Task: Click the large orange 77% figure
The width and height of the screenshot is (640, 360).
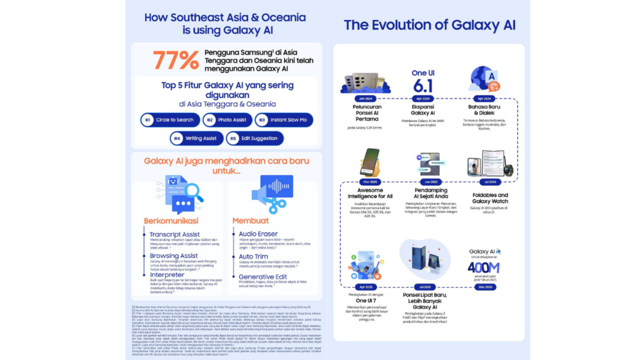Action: (x=176, y=61)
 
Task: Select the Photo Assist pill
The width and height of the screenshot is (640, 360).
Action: (x=227, y=119)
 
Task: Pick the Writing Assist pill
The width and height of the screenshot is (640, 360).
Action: (x=196, y=137)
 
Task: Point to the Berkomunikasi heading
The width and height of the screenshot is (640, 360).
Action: (x=172, y=221)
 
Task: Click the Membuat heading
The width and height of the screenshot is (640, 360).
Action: (x=251, y=221)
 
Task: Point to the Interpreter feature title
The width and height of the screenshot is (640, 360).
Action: (x=167, y=275)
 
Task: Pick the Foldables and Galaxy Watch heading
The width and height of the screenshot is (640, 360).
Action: (x=489, y=198)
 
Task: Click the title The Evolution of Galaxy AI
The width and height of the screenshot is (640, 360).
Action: (x=429, y=26)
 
